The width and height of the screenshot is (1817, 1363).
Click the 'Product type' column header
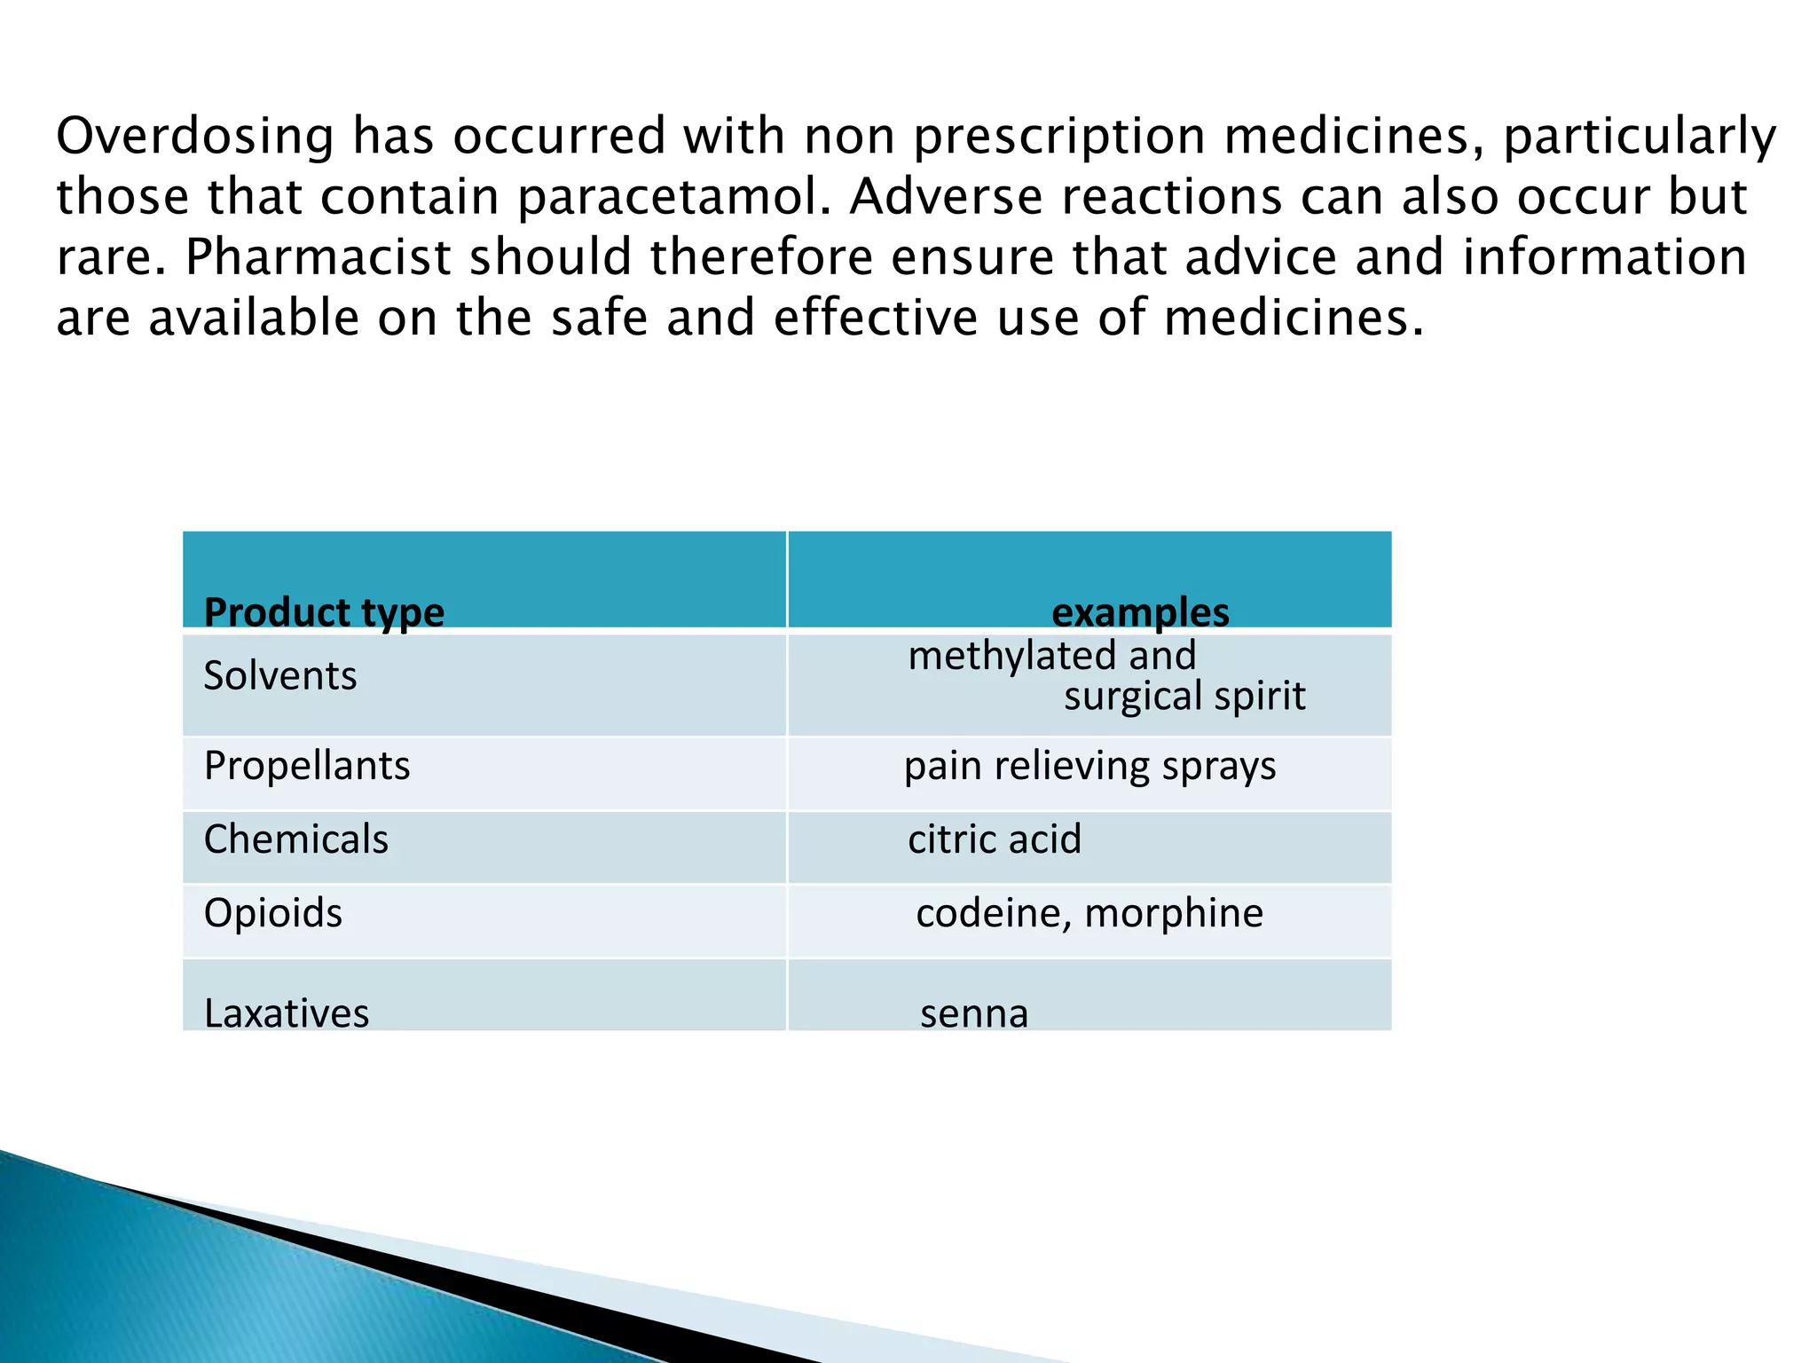pyautogui.click(x=324, y=612)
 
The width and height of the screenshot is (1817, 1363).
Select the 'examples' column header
pyautogui.click(x=1140, y=612)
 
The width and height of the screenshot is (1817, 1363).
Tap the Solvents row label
pyautogui.click(x=280, y=676)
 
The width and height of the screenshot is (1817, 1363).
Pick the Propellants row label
pyautogui.click(x=307, y=766)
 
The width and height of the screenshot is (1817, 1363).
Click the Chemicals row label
pyautogui.click(x=296, y=839)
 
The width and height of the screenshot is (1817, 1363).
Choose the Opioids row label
pyautogui.click(x=273, y=913)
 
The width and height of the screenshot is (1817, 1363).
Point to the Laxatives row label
pyautogui.click(x=287, y=1013)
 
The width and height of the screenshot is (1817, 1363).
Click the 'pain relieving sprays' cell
pyautogui.click(x=1089, y=766)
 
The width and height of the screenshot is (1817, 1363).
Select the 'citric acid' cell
pyautogui.click(x=995, y=839)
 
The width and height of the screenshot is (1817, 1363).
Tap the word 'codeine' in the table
pyautogui.click(x=992, y=913)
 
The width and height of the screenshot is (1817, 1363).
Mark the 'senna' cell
pyautogui.click(x=974, y=1013)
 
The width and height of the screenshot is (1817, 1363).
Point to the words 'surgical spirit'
pyautogui.click(x=1184, y=697)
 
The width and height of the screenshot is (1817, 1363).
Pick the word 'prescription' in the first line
pyautogui.click(x=1059, y=137)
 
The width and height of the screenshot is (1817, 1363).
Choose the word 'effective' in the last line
pyautogui.click(x=876, y=318)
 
